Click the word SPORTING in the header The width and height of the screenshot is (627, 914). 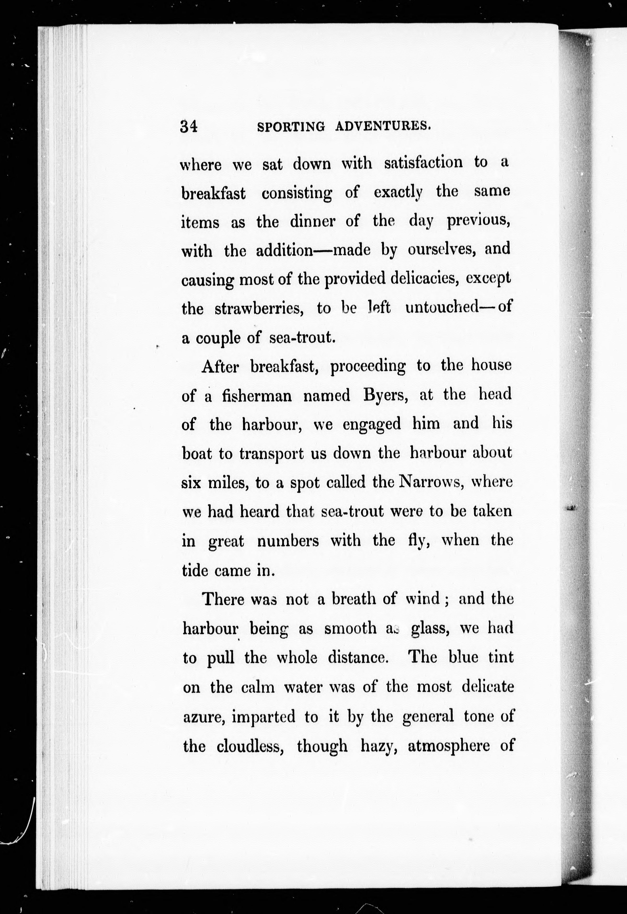291,127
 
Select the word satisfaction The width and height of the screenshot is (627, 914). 423,162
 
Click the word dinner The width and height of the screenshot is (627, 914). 313,222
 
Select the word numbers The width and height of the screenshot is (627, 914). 288,541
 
